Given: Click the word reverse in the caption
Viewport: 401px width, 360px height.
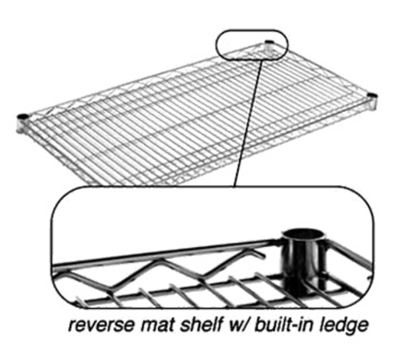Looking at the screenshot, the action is coord(101,326).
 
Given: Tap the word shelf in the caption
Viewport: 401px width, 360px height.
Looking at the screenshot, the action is coord(202,324).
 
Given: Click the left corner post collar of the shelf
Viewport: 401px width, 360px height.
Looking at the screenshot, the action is coord(22,123).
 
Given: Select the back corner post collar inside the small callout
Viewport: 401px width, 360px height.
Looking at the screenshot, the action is coord(269,46).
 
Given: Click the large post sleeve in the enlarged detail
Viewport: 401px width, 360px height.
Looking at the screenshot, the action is coord(304,261).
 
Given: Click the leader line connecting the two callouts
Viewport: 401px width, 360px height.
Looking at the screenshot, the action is coord(248,123).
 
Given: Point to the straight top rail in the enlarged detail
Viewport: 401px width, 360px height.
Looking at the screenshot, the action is coord(166,255).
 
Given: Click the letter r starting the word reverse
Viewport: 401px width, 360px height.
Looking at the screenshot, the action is coord(73,326).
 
